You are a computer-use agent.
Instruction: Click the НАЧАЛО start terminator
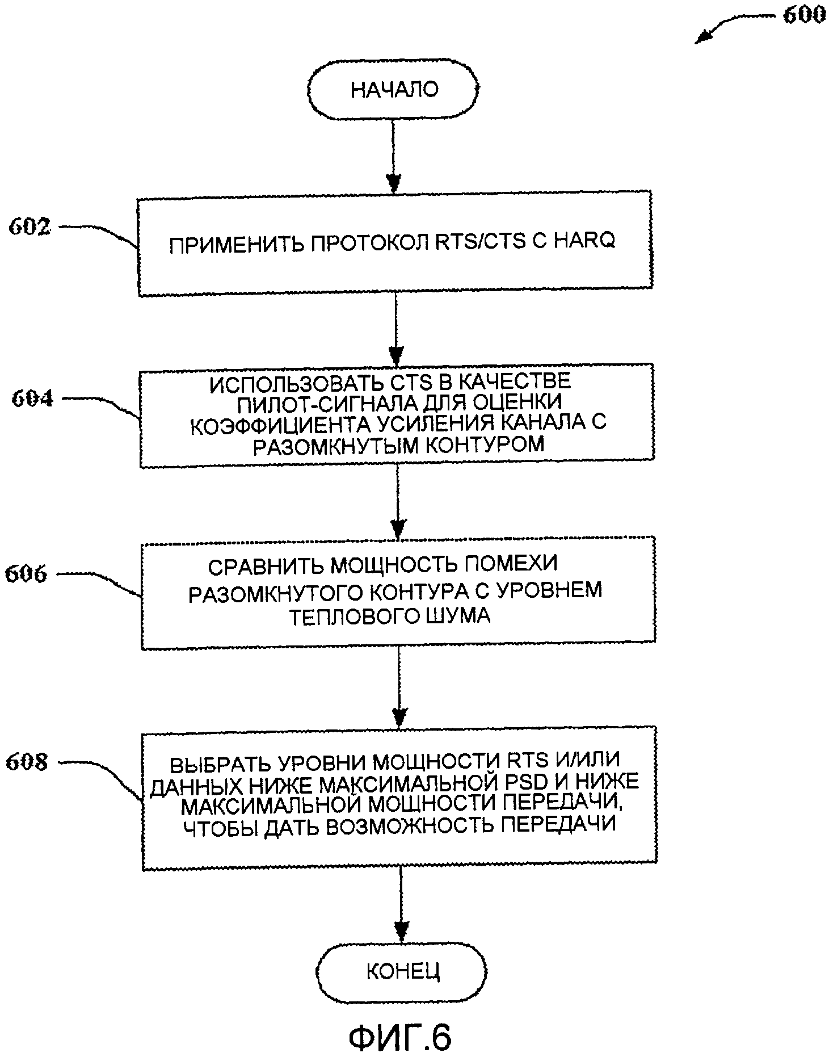394,90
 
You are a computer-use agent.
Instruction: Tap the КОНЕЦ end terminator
402,971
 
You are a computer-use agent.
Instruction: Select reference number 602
30,227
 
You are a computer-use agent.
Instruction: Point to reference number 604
32,399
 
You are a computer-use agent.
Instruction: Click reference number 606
26,574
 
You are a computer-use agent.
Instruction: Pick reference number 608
27,762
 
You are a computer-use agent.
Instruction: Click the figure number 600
803,15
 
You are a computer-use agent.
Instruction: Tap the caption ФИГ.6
400,1037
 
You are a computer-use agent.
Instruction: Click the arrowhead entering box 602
393,183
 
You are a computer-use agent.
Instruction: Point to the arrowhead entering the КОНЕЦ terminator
401,930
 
